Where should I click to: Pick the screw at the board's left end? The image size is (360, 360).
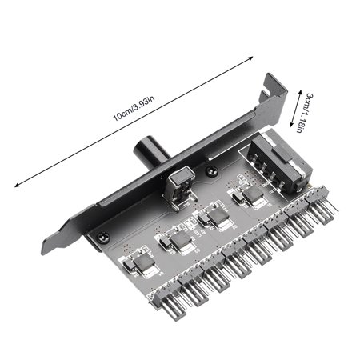102,237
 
